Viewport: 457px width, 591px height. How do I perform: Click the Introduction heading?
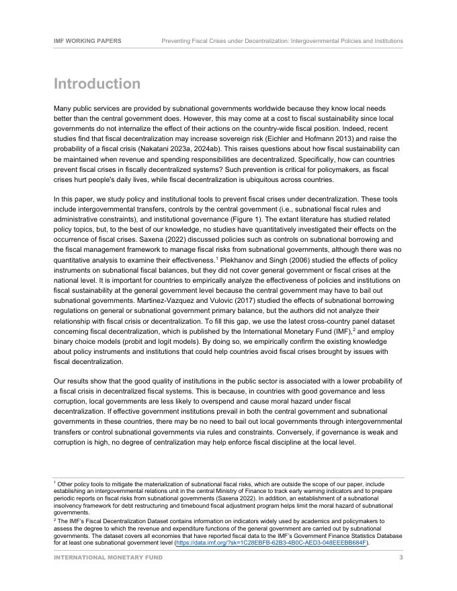pyautogui.click(x=97, y=84)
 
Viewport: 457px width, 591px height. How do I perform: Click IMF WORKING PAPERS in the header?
pyautogui.click(x=87, y=41)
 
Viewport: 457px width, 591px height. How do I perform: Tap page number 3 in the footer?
pyautogui.click(x=401, y=557)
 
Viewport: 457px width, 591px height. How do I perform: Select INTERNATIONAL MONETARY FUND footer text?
pyautogui.click(x=108, y=557)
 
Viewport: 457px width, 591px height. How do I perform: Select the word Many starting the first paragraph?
pyautogui.click(x=63, y=108)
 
